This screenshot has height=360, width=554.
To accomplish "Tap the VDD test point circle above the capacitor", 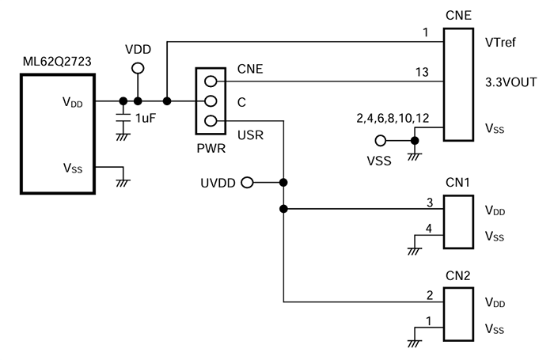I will click(138, 68).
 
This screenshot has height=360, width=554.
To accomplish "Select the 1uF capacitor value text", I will click(145, 118).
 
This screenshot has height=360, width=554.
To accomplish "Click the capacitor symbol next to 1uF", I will click(123, 117).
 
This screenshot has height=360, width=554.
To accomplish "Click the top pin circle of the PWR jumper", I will click(210, 81).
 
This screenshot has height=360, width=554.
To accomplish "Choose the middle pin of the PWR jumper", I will click(210, 101).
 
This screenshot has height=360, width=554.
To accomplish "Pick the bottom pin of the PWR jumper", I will click(210, 121).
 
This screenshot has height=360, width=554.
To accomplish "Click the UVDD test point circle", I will click(247, 183).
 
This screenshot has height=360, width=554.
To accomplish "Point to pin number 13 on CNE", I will click(422, 73).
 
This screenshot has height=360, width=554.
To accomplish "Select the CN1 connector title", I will click(457, 184).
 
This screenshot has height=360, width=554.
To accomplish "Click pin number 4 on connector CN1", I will click(428, 229).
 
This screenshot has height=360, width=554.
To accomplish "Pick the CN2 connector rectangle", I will click(457, 316).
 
